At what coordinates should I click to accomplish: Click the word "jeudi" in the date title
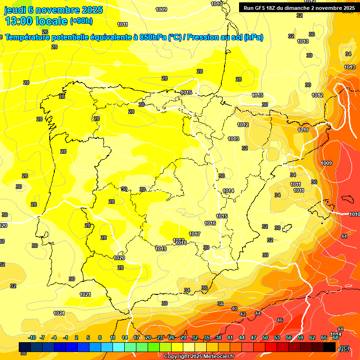click(x=15, y=10)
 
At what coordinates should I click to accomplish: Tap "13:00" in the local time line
click(x=19, y=21)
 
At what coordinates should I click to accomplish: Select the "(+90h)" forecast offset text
click(x=81, y=21)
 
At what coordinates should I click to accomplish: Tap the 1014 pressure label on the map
click(x=228, y=191)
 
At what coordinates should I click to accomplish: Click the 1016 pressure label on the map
click(x=210, y=223)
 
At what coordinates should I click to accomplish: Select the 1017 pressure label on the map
click(x=195, y=234)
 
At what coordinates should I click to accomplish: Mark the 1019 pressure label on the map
click(x=161, y=249)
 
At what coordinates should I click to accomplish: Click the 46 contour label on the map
click(x=280, y=320)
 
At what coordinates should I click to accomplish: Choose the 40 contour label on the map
click(x=234, y=308)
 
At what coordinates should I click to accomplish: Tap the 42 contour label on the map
click(x=243, y=314)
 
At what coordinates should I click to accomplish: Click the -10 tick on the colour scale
click(x=32, y=337)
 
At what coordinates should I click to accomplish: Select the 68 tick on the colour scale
click(x=335, y=337)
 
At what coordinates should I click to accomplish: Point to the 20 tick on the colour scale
click(x=148, y=337)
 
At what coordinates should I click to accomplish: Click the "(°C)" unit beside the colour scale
click(x=345, y=348)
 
